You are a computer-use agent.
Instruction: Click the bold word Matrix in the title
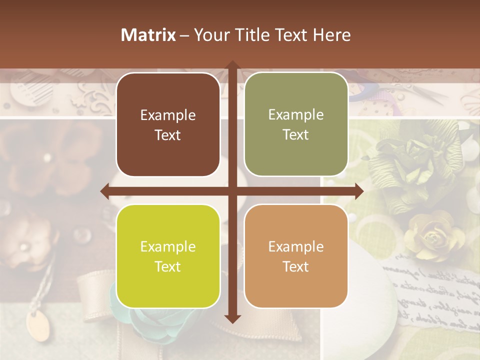point(148,35)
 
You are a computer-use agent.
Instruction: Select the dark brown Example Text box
point(168,125)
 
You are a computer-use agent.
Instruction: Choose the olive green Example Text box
point(296,124)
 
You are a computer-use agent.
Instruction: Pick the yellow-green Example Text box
point(168,256)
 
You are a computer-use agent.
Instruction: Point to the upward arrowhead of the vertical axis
point(232,65)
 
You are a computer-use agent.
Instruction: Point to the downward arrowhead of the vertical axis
point(232,318)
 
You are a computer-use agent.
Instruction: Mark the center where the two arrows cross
point(232,191)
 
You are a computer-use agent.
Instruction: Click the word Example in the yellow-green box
point(168,246)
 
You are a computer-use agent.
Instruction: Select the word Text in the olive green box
point(296,134)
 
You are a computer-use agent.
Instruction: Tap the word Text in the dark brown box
point(168,135)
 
